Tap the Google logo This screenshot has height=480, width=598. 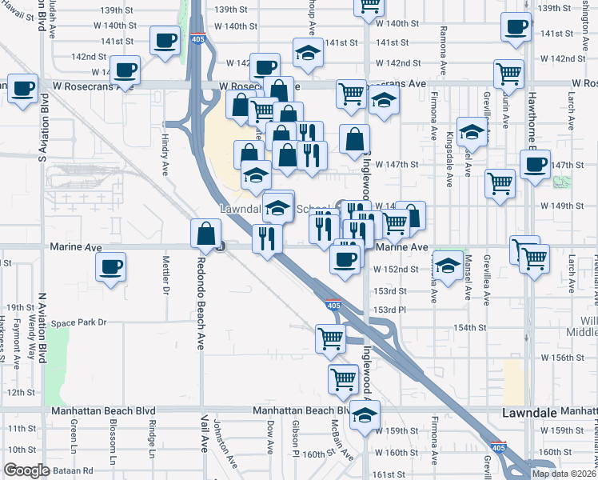point(26,470)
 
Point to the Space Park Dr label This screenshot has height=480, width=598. point(78,322)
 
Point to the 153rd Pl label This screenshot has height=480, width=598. point(392,310)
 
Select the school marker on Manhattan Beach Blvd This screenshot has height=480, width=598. point(365,414)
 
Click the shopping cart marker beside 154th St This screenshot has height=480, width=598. point(330,338)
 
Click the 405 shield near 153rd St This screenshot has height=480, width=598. point(334,305)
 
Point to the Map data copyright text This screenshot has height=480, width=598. point(564,474)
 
